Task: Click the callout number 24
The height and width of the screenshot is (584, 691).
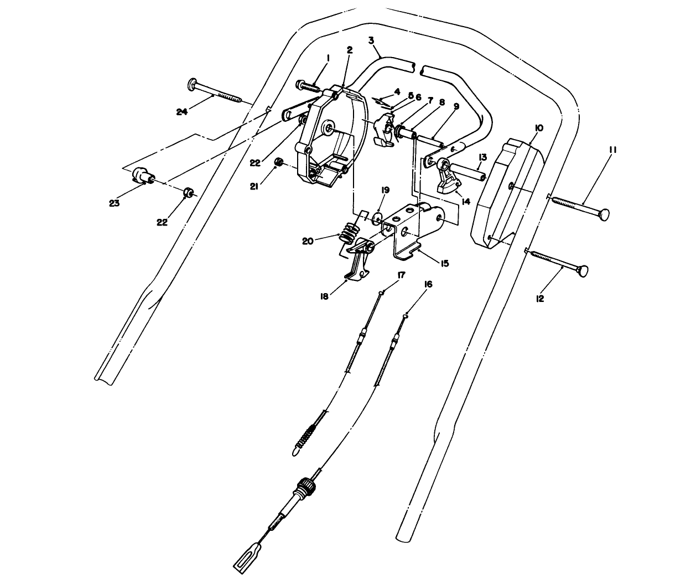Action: tap(183, 112)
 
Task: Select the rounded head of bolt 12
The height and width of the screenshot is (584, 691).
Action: tap(581, 271)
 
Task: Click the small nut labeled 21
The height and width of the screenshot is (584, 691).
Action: tap(279, 162)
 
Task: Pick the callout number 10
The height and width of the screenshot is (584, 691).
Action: tap(539, 128)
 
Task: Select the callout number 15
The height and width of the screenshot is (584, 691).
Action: tap(444, 263)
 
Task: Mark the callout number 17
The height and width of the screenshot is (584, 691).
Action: tap(401, 274)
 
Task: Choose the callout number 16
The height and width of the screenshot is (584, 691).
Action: tap(428, 284)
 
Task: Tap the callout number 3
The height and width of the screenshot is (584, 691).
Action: tap(371, 40)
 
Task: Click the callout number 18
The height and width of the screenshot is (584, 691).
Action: tap(324, 296)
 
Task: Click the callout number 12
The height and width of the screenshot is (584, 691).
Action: tap(540, 299)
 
